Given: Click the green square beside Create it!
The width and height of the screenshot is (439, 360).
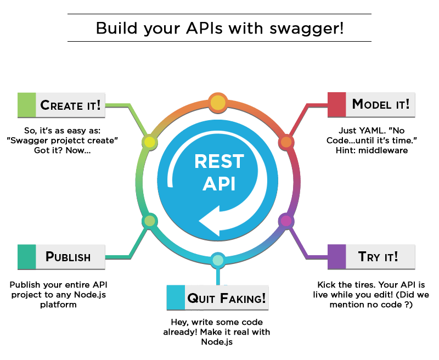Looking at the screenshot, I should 26,105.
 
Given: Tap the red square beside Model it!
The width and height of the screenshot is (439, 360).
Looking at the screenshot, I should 336,104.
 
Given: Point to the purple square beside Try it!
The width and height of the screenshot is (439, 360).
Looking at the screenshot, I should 336,256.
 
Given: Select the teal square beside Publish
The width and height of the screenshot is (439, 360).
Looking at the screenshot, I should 26,256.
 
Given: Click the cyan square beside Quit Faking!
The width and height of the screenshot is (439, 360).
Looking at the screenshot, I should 175,298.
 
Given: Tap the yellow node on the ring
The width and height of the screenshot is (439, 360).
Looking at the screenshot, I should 149,142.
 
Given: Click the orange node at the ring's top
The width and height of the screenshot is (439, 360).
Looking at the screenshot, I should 218,102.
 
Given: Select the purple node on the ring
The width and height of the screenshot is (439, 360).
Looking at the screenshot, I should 286,221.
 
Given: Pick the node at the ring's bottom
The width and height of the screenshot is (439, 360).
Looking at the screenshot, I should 218,260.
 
